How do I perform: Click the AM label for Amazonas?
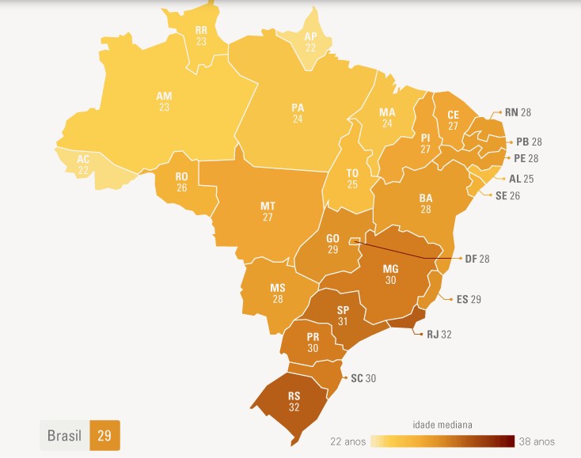pos(164,96)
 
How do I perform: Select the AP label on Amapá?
pos(311,36)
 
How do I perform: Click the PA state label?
pos(298,108)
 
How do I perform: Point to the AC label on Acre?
pos(83,159)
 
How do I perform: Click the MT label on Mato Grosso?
pos(268,206)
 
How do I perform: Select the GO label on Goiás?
pos(332,238)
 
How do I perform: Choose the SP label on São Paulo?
pos(344,309)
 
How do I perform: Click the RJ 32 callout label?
pos(439,335)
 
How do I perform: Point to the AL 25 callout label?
pos(521,179)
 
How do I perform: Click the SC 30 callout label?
pos(363,378)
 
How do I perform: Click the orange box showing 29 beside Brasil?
pos(104,435)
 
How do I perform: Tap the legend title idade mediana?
pos(442,425)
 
